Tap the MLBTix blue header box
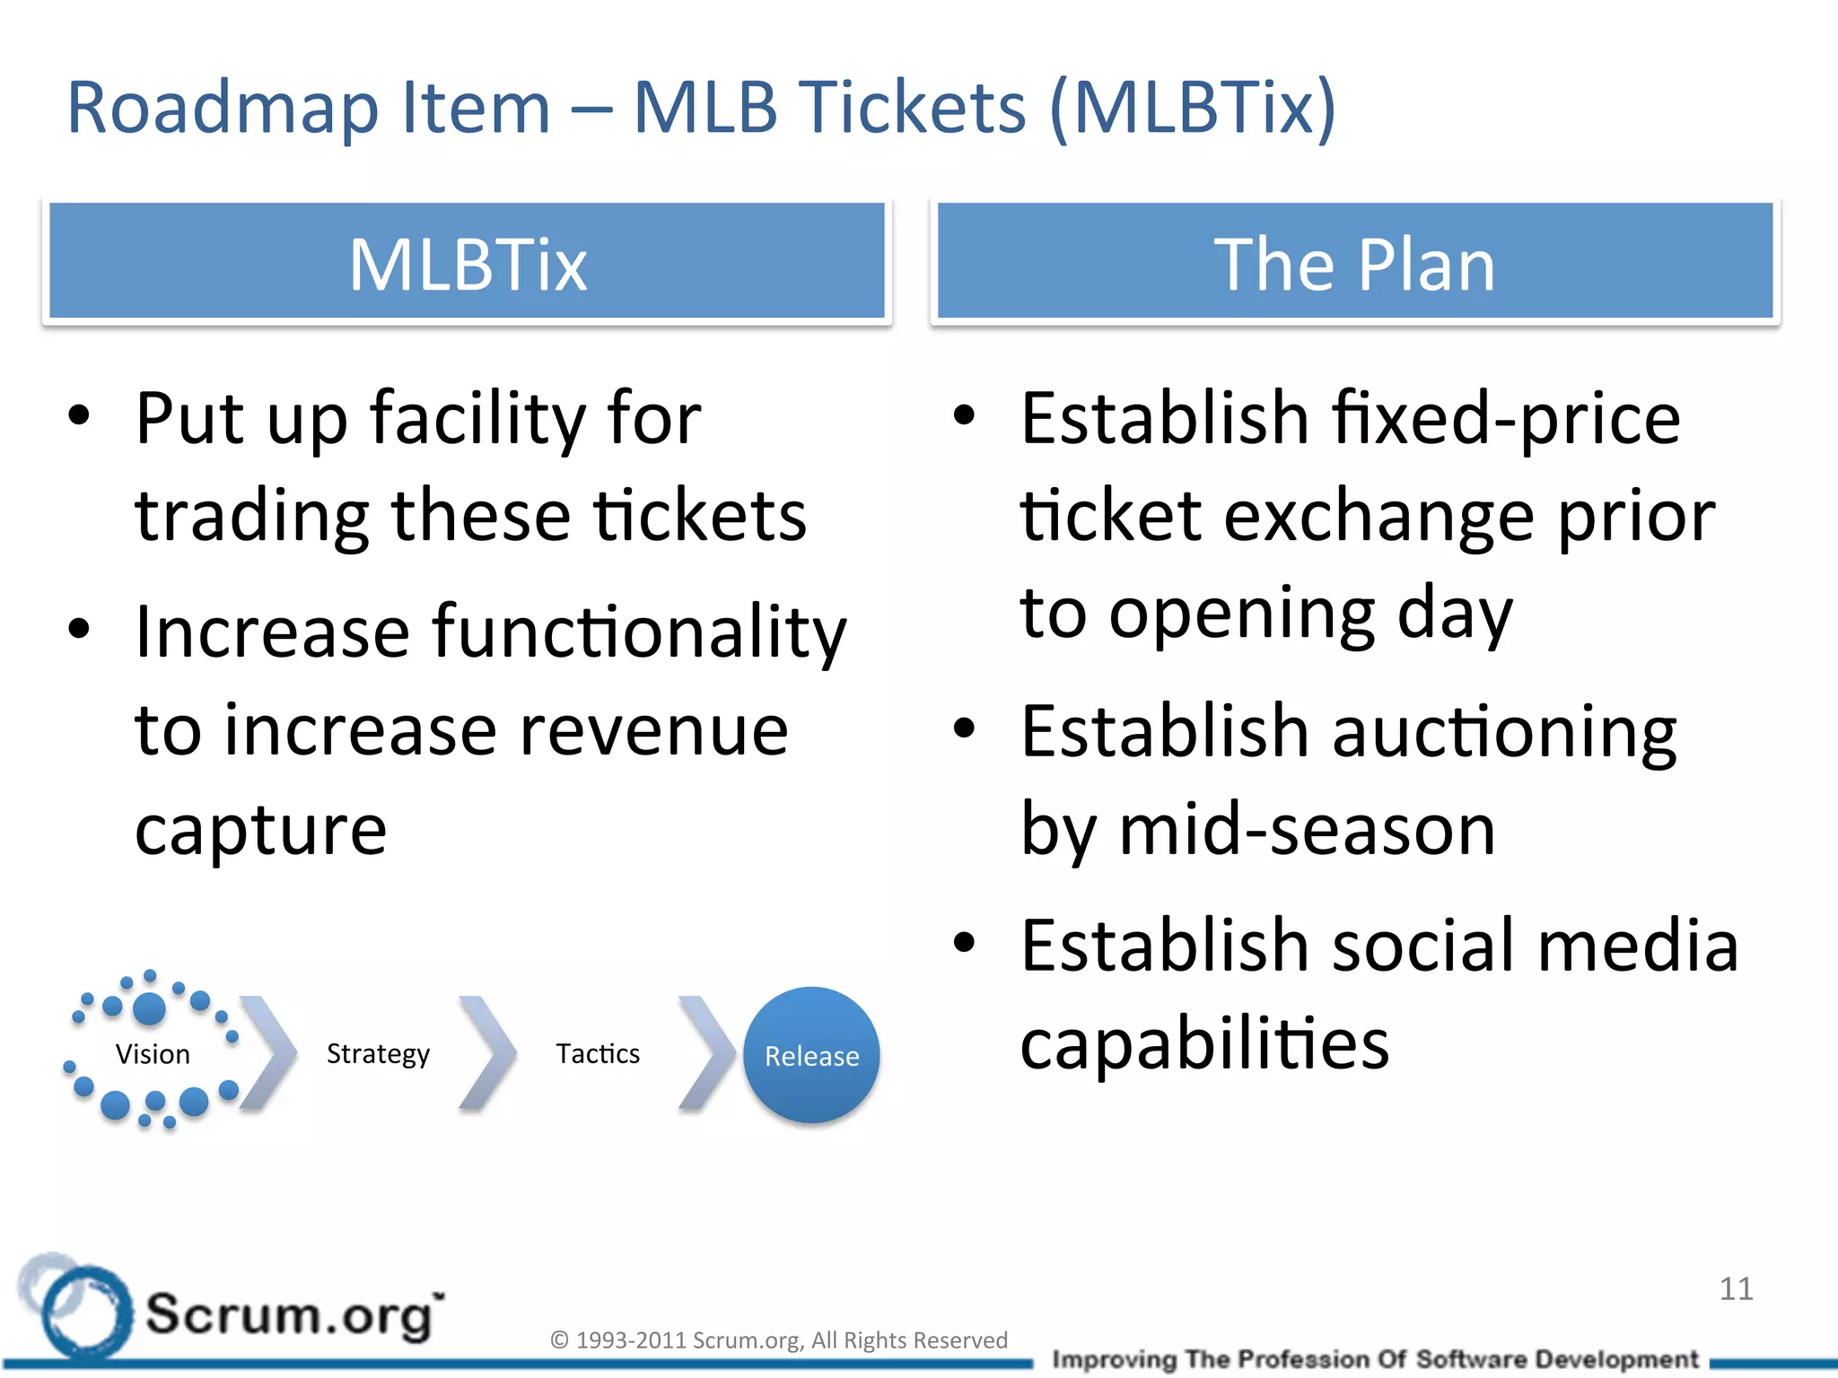pyautogui.click(x=467, y=262)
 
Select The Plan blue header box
pyautogui.click(x=1354, y=262)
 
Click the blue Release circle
pyautogui.click(x=811, y=1055)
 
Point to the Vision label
pyautogui.click(x=153, y=1054)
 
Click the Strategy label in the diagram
pyautogui.click(x=378, y=1054)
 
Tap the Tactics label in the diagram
pyautogui.click(x=598, y=1053)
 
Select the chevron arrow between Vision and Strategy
pyautogui.click(x=269, y=1054)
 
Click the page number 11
pyautogui.click(x=1736, y=1289)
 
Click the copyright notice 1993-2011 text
pyautogui.click(x=778, y=1340)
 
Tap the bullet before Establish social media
pyautogui.click(x=964, y=944)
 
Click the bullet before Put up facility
pyautogui.click(x=79, y=415)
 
